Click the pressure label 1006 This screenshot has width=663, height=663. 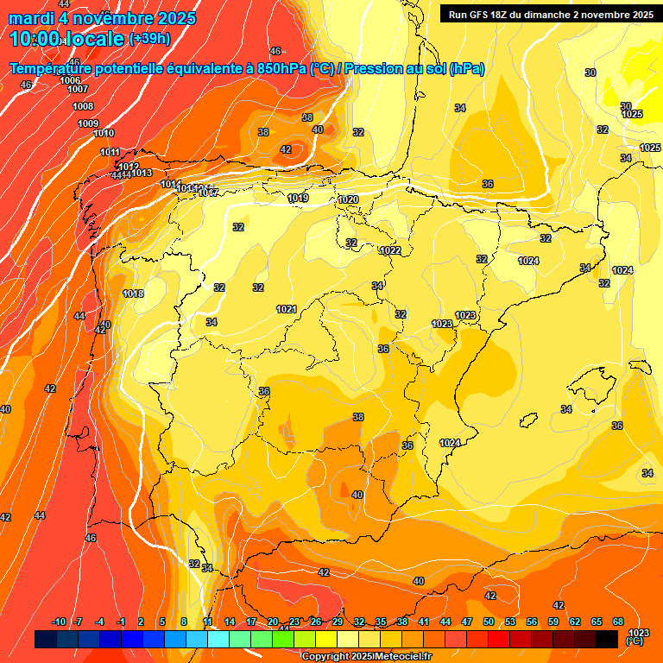click(70, 80)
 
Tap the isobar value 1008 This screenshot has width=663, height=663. click(83, 106)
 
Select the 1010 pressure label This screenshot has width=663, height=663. click(104, 133)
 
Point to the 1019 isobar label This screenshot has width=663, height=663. click(298, 199)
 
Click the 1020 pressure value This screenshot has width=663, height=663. click(348, 199)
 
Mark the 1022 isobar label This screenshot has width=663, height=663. click(390, 250)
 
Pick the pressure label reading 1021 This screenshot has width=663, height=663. click(287, 309)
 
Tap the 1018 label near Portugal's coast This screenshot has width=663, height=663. click(133, 294)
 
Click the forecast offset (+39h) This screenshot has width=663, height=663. click(148, 39)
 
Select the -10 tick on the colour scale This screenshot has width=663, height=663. click(59, 622)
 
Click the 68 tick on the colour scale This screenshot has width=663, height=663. click(618, 622)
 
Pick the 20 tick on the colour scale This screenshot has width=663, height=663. click(273, 622)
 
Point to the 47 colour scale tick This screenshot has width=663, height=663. click(467, 622)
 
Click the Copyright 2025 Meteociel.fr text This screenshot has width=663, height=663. click(366, 656)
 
